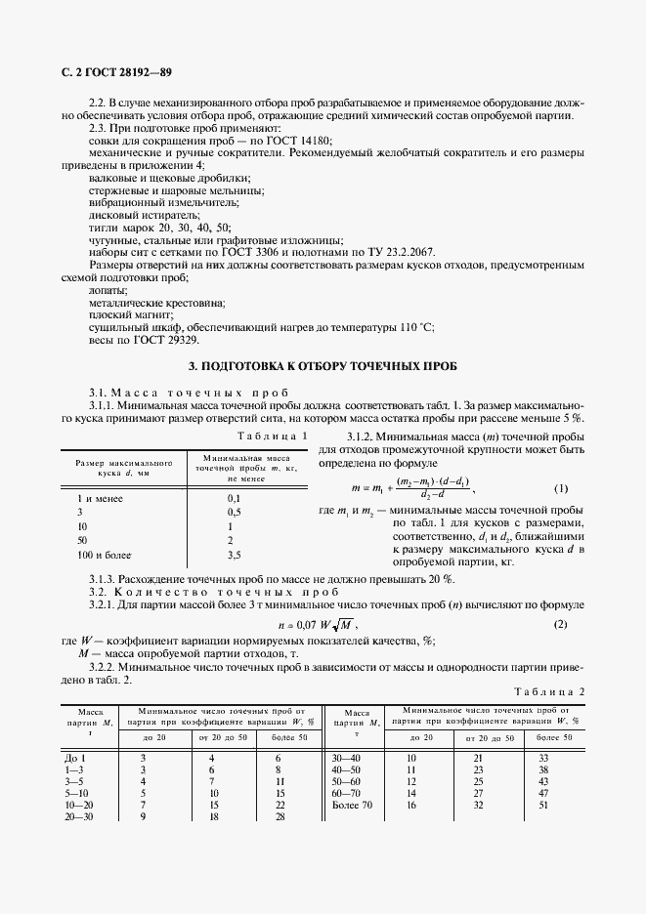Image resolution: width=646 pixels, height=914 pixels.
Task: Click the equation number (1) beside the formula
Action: [561, 487]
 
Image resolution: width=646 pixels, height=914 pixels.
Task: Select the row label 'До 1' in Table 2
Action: [77, 758]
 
